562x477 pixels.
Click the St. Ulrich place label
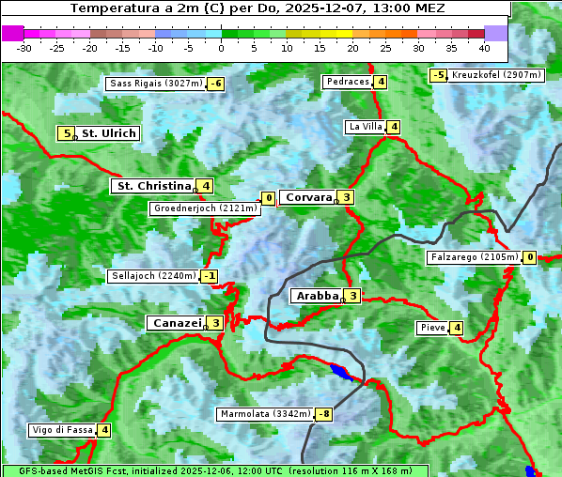108,133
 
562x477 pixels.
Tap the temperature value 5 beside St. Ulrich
65,133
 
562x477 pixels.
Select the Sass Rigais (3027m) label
156,84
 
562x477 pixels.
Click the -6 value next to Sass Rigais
216,84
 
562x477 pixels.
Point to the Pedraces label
347,82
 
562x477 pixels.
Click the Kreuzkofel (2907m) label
496,74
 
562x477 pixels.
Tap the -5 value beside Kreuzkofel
438,75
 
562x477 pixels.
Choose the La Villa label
365,127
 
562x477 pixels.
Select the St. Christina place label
152,186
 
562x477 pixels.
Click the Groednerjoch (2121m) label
205,208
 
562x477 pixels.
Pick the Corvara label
308,197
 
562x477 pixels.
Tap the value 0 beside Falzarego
529,257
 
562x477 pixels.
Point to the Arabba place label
316,296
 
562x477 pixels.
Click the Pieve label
432,328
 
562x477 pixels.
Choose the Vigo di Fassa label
63,430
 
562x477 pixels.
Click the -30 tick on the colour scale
24,48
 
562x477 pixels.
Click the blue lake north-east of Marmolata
343,373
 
